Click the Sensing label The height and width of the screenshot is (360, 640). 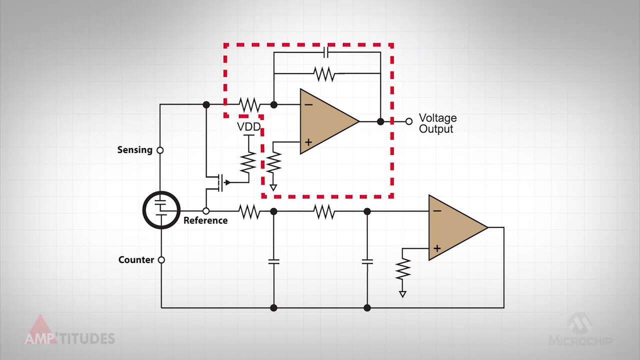pos(134,150)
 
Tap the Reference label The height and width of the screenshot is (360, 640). pos(205,220)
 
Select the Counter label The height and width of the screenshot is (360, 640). pos(136,260)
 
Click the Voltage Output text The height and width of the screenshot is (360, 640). pos(437,123)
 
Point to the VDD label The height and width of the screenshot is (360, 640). pos(248,127)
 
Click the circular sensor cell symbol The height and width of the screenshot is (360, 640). pos(161,210)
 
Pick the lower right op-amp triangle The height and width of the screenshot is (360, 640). pos(454,227)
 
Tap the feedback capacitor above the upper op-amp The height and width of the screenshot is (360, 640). pos(325,52)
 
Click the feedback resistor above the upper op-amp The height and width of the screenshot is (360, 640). pos(324,74)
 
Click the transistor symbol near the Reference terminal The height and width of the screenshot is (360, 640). pos(219,182)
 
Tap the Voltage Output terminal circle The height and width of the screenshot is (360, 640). pos(409,121)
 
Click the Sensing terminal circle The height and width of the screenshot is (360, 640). pos(160,150)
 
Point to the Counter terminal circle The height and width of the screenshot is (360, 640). pos(161,260)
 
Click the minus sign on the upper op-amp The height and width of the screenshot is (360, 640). pos(308,104)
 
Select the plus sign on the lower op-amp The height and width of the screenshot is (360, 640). pos(437,248)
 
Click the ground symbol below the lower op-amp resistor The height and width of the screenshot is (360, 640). pos(402,294)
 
